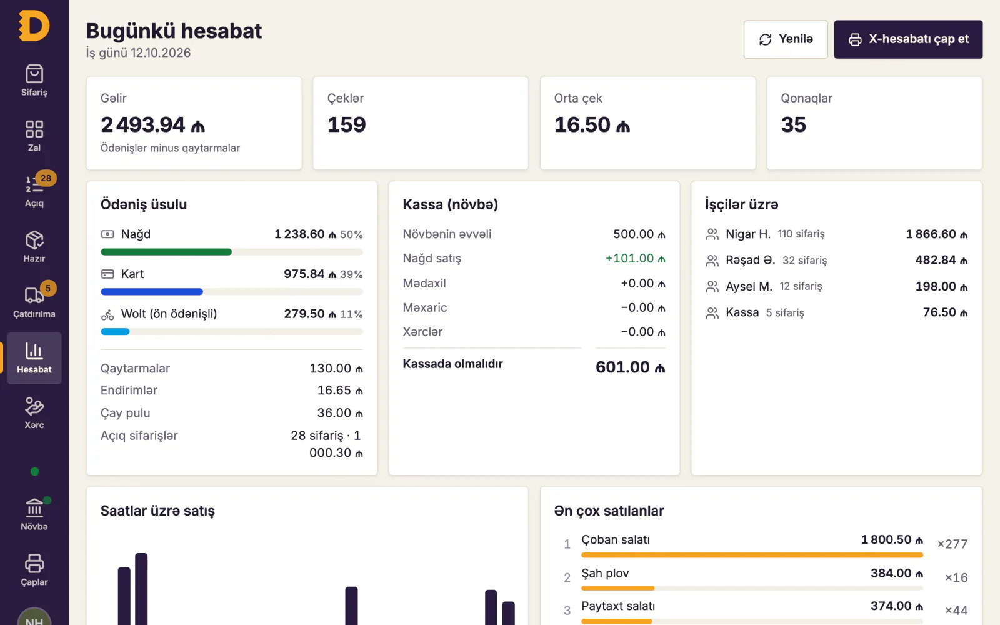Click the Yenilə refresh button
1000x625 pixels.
coord(786,39)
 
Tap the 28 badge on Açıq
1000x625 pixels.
coord(46,178)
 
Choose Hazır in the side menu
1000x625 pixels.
coord(34,247)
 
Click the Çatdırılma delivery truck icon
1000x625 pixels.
coord(34,296)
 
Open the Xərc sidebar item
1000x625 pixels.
coord(34,413)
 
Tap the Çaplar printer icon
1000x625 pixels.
coord(34,563)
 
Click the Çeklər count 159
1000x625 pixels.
coord(347,124)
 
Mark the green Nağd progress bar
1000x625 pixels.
coord(166,252)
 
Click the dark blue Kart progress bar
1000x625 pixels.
coord(152,292)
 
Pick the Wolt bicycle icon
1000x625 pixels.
coord(107,314)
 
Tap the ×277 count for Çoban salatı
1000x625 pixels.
coord(952,544)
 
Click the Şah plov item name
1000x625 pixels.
coord(605,573)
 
